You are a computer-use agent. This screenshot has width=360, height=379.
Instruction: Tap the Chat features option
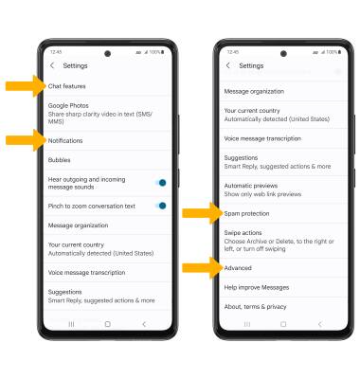point(66,87)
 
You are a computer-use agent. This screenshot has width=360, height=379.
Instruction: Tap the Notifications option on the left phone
point(65,140)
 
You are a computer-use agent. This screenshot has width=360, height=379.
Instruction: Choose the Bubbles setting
point(60,159)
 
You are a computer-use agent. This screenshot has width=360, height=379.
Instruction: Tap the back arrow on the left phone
point(52,65)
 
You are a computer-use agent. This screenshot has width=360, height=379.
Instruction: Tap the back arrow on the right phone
point(228,65)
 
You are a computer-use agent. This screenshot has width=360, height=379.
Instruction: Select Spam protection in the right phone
point(246,214)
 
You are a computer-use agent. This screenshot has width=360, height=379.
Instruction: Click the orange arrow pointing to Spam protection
point(200,214)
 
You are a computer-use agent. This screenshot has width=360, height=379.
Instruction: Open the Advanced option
point(238,268)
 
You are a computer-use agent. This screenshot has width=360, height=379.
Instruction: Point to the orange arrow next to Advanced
point(200,268)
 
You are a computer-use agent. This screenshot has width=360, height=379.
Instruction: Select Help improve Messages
point(256,287)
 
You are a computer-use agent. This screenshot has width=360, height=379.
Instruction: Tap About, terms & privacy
point(255,306)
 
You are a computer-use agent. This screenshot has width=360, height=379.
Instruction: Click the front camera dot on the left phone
point(107,53)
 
